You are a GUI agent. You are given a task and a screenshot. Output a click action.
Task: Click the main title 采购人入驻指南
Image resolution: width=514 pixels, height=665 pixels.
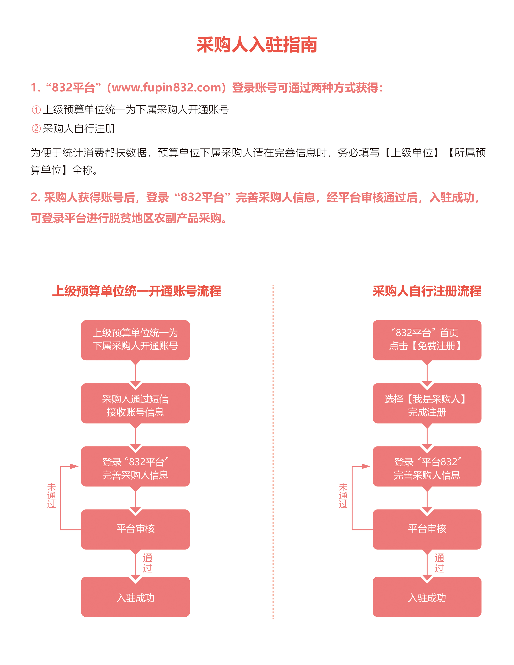point(257,45)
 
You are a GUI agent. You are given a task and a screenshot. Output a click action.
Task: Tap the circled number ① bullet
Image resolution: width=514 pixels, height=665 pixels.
point(36,110)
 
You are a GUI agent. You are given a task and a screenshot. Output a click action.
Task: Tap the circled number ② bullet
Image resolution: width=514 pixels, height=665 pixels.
point(36,129)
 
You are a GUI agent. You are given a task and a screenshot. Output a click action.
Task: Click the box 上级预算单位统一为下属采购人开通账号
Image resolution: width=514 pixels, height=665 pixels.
point(135,340)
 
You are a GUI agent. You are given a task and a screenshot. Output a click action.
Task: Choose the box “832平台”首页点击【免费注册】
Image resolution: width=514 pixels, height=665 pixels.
point(427,340)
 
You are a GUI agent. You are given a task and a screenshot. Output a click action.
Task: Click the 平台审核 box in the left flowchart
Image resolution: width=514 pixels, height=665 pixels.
point(135,529)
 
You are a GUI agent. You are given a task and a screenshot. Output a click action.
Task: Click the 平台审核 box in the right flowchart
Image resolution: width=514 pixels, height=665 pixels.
point(427,529)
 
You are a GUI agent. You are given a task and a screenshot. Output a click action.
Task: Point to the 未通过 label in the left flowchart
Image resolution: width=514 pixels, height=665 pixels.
point(51,495)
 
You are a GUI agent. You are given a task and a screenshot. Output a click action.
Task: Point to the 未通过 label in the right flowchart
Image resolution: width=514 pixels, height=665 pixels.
point(343,495)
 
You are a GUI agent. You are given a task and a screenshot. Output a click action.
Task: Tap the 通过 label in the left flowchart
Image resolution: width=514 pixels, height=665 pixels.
point(148,563)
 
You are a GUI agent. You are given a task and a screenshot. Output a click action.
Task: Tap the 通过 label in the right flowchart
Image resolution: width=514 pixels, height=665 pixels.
point(439,563)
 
